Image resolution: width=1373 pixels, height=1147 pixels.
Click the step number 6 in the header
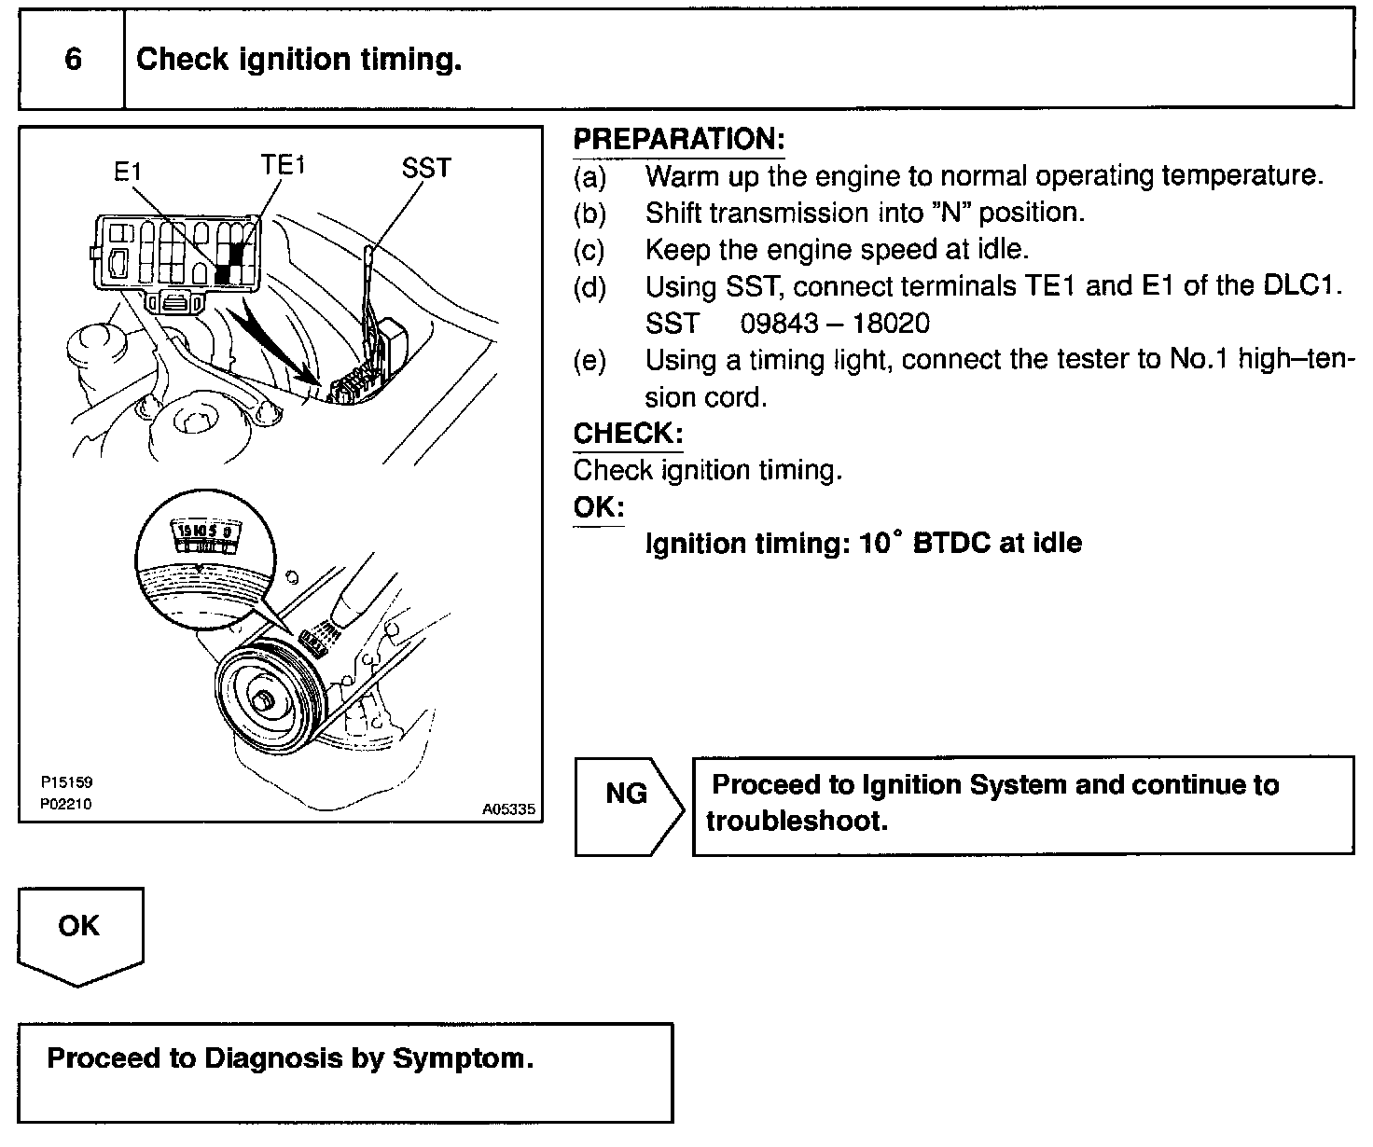(73, 61)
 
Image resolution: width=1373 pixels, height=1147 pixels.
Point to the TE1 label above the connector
(283, 166)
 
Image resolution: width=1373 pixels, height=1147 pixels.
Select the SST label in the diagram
(426, 169)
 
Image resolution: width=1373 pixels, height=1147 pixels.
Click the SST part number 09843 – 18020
(835, 324)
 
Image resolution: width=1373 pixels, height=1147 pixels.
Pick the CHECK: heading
(628, 434)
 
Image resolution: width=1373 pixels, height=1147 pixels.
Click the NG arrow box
(628, 795)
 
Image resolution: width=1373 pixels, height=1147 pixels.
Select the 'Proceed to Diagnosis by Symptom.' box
(345, 1072)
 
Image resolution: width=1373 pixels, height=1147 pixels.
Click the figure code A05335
(508, 810)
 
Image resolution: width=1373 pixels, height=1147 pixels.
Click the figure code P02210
(66, 804)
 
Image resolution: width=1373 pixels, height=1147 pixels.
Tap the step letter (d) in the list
(589, 286)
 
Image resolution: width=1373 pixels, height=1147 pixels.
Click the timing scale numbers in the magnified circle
(208, 532)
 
